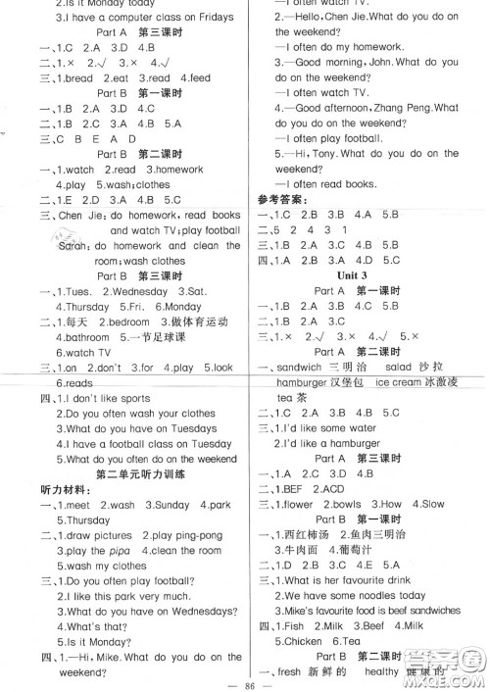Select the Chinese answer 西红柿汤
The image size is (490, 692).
tap(309, 532)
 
